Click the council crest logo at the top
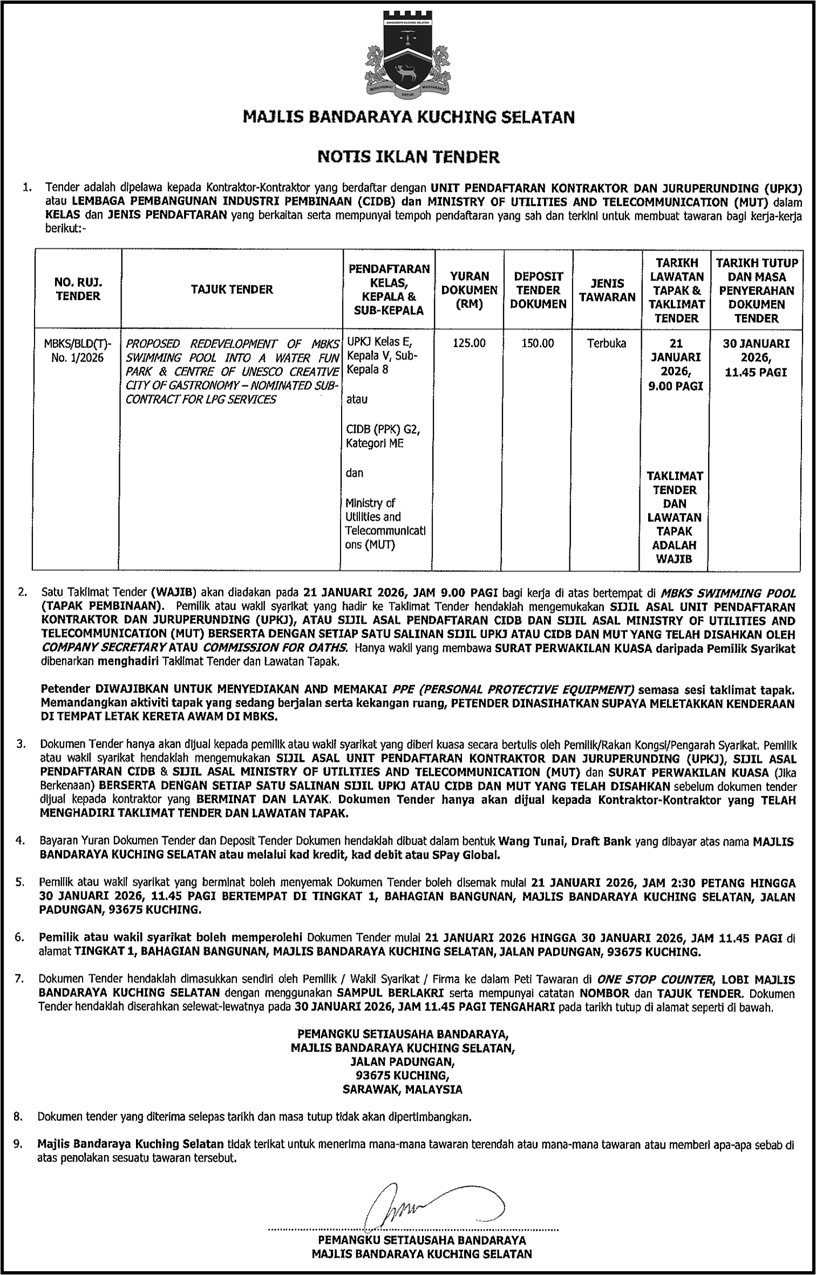pyautogui.click(x=409, y=55)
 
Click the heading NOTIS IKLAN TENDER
pyautogui.click(x=409, y=157)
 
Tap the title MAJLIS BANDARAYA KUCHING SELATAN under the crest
pyautogui.click(x=409, y=117)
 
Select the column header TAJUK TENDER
pyautogui.click(x=232, y=289)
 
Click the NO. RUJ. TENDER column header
pyautogui.click(x=78, y=289)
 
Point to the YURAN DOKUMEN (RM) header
pyautogui.click(x=469, y=290)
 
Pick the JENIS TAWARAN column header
pyautogui.click(x=607, y=290)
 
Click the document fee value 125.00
pyautogui.click(x=469, y=343)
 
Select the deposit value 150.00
pyautogui.click(x=538, y=343)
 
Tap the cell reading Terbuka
pyautogui.click(x=607, y=343)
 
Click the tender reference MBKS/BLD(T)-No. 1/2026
pyautogui.click(x=78, y=350)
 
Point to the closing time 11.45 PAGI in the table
pyautogui.click(x=756, y=372)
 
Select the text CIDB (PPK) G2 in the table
pyautogui.click(x=383, y=429)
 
